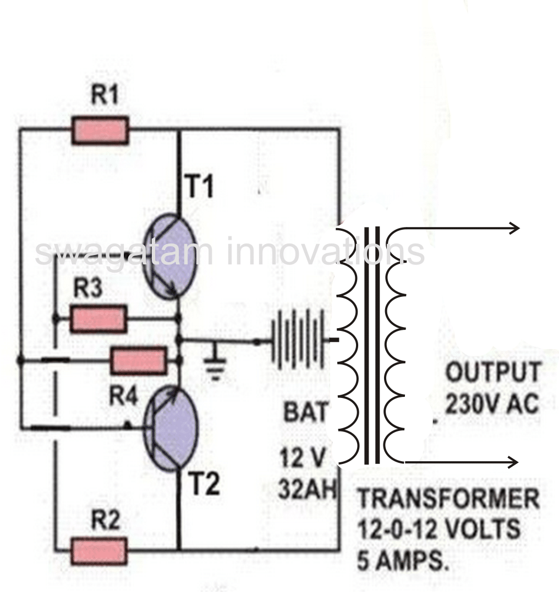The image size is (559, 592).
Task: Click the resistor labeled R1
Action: (x=100, y=130)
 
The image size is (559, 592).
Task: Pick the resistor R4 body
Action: (x=139, y=361)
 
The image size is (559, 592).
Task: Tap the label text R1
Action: (x=105, y=97)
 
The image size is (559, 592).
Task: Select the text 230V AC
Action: (x=492, y=405)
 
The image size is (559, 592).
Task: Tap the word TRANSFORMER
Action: (x=448, y=500)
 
